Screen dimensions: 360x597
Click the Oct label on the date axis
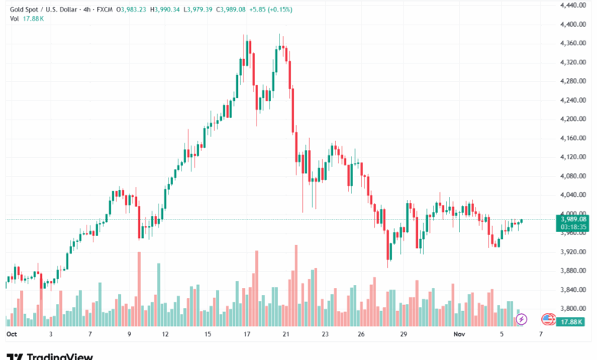tap(11, 335)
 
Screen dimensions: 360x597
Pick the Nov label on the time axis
tap(459, 335)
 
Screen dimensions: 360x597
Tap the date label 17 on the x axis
tap(247, 335)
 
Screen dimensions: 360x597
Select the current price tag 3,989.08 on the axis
tap(573, 219)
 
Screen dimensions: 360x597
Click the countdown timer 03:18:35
tap(573, 227)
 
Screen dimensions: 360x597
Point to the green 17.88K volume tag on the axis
tap(573, 322)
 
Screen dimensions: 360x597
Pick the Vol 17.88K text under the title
tap(27, 20)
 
